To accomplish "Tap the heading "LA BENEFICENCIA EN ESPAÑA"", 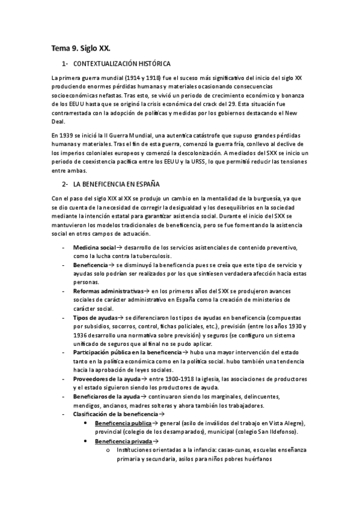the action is [x=116, y=183].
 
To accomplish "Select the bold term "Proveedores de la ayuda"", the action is [x=106, y=379].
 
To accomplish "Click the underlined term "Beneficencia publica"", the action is [x=122, y=423].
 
